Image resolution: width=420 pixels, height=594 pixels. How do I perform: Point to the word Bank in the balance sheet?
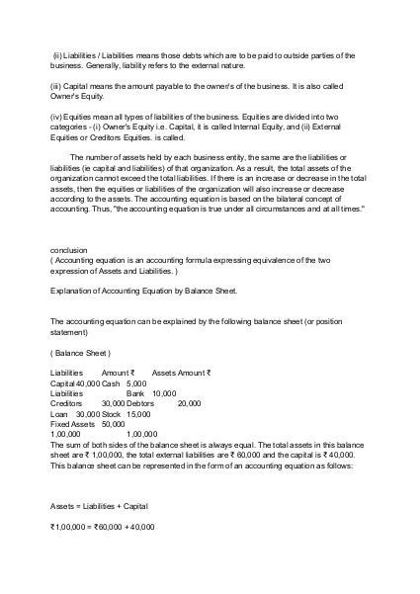click(136, 392)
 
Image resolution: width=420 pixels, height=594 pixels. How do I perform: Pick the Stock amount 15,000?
click(138, 414)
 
